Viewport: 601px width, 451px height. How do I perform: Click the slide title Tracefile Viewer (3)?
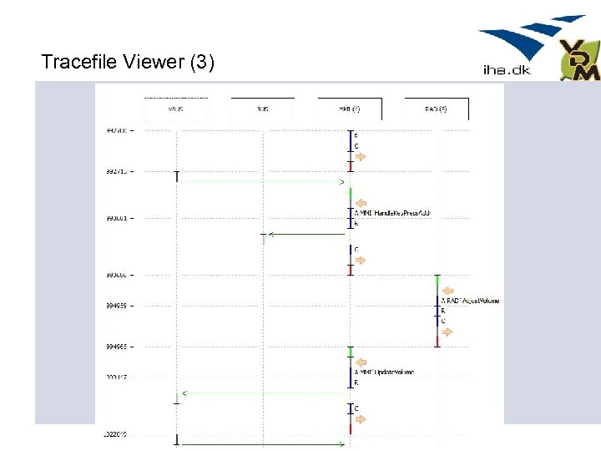click(x=128, y=62)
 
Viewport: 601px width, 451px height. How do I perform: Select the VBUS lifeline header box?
click(x=175, y=109)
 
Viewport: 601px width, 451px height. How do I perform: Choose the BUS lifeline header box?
click(x=263, y=109)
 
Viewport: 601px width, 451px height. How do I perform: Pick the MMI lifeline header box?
click(x=350, y=109)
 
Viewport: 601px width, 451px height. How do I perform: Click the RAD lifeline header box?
click(x=436, y=109)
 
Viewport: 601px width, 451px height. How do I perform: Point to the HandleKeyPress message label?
click(x=392, y=214)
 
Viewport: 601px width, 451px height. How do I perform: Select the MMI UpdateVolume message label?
click(x=385, y=372)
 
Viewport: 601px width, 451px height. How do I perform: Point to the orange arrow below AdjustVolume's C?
click(x=447, y=332)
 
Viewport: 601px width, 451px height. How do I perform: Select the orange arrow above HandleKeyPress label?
click(x=361, y=201)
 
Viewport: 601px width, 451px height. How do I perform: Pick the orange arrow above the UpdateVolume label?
click(x=361, y=362)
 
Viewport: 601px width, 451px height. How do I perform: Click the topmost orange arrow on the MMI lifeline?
click(x=361, y=156)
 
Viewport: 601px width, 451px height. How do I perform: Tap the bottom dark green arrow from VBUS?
click(x=262, y=444)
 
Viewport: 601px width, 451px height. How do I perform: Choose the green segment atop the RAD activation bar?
click(x=437, y=283)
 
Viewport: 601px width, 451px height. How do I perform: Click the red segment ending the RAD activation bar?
click(x=437, y=340)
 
